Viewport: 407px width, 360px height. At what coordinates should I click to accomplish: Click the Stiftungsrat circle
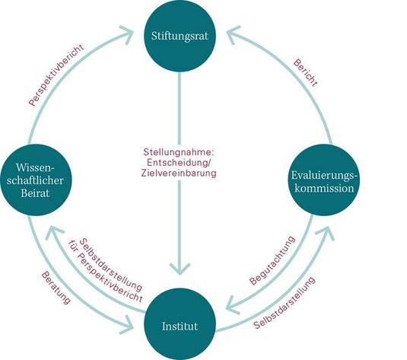[180, 36]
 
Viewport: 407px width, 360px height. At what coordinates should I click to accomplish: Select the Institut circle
[180, 326]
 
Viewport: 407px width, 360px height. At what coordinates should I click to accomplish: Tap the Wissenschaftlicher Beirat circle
[36, 180]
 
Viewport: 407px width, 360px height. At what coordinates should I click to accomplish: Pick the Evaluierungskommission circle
[324, 180]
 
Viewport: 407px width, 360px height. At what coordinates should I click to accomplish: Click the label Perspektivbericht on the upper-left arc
[56, 75]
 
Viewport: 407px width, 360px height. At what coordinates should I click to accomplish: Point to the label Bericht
[306, 73]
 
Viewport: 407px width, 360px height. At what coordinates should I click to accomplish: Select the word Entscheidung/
[180, 163]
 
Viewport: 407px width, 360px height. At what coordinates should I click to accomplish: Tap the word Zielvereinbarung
[179, 173]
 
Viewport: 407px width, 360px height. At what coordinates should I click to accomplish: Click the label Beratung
[56, 288]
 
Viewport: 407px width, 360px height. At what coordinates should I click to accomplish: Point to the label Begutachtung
[272, 260]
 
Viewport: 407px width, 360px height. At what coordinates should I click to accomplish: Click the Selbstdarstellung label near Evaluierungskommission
[285, 303]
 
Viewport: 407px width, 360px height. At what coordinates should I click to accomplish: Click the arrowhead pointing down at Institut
[180, 269]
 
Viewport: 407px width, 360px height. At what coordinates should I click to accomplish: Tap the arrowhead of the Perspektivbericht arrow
[128, 35]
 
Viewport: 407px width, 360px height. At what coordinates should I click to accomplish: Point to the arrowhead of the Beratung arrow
[128, 324]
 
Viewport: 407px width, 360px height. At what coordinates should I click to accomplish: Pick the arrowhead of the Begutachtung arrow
[232, 306]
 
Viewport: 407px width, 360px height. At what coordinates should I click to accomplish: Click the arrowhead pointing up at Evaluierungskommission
[326, 232]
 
